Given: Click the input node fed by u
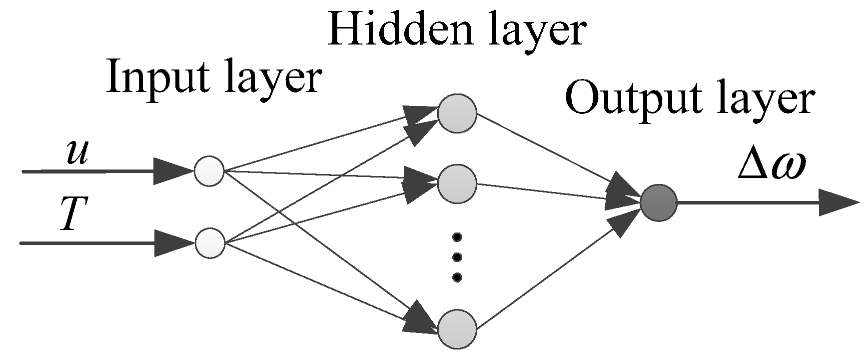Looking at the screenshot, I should (x=209, y=171).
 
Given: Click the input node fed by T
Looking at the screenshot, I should (x=210, y=243).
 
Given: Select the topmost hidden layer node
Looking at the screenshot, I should (x=457, y=113).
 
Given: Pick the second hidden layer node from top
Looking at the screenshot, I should (x=457, y=184).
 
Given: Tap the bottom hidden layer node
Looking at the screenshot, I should (x=457, y=329).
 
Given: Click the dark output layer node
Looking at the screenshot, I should (x=659, y=202).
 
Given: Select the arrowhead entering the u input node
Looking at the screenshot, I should (x=172, y=171).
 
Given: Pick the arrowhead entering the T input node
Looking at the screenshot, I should (x=173, y=243).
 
